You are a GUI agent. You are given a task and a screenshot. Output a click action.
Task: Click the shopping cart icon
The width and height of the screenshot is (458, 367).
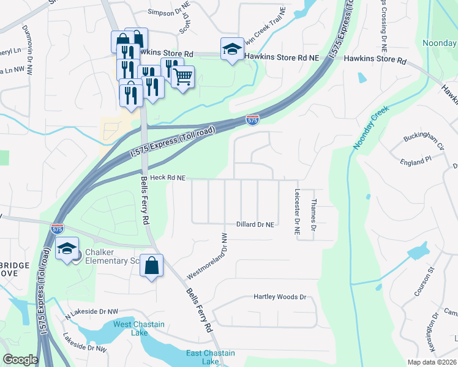182,77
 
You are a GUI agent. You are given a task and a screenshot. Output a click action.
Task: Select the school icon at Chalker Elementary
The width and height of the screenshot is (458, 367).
67,248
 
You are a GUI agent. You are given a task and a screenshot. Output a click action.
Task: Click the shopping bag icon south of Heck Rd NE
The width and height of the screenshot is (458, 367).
152,266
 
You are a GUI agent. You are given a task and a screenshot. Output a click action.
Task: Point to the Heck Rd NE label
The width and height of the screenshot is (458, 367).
168,177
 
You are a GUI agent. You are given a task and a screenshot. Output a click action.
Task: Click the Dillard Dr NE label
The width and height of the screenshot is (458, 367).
255,224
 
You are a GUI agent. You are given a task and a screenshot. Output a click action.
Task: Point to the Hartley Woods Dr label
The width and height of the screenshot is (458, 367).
279,297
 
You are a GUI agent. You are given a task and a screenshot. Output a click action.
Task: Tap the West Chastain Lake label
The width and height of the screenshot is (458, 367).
131,328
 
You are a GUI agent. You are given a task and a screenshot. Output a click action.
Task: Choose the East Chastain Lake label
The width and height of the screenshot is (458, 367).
210,357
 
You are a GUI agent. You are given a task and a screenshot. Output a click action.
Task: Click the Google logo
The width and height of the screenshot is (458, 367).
20,360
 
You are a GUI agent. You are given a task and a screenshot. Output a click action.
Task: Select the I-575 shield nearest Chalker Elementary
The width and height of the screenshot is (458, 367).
57,228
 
